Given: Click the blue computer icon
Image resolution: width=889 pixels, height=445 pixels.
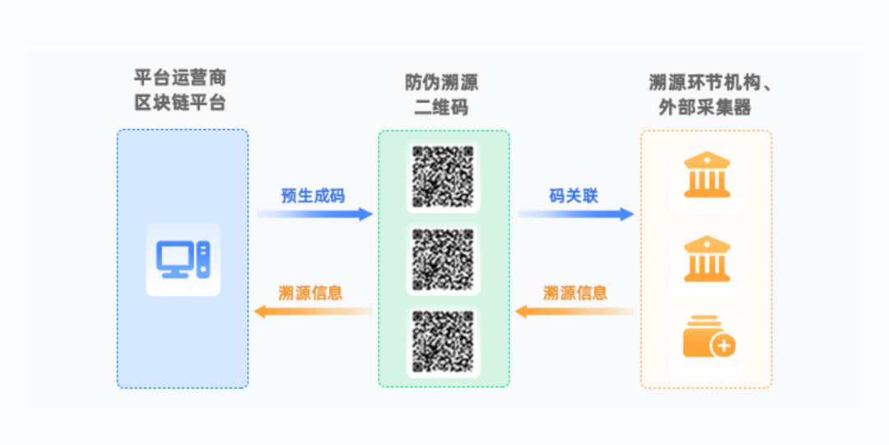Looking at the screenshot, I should tap(183, 259).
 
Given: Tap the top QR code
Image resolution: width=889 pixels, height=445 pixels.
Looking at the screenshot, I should tap(444, 176).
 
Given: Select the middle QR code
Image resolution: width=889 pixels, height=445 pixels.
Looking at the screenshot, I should tap(444, 259).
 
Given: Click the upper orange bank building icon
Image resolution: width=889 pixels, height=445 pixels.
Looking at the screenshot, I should tap(706, 175).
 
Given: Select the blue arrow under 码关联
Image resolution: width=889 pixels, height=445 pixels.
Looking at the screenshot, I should tap(575, 215).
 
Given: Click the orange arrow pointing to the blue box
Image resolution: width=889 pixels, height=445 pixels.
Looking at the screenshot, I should tap(312, 311).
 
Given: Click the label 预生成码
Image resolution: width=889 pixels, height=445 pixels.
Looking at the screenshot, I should tap(313, 196).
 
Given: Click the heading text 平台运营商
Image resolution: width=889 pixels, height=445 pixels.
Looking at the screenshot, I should tap(180, 80).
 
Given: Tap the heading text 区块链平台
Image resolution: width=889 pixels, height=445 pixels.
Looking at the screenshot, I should tap(180, 104).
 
